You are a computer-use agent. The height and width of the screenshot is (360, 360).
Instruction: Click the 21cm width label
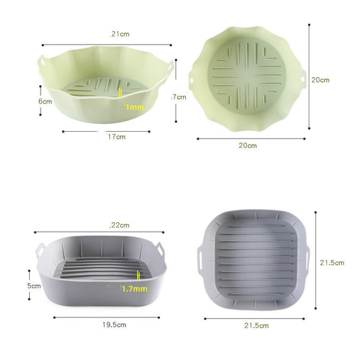(120, 34)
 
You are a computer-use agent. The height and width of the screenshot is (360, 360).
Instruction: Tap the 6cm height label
(45, 101)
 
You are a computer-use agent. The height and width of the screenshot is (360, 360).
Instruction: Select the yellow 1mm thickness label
(134, 107)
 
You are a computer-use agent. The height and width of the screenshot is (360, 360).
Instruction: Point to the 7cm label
(179, 97)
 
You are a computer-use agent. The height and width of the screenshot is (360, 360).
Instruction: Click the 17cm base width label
(116, 137)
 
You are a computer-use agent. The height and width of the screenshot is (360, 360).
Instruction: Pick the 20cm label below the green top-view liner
(247, 145)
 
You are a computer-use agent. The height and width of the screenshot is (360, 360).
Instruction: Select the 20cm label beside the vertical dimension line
(320, 79)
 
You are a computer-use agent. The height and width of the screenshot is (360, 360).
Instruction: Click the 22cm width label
(120, 225)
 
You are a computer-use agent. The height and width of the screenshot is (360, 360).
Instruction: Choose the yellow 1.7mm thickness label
(134, 288)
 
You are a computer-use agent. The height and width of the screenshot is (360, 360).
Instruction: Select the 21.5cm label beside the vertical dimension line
(331, 262)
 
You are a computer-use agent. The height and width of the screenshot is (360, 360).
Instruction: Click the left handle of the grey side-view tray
(40, 250)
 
